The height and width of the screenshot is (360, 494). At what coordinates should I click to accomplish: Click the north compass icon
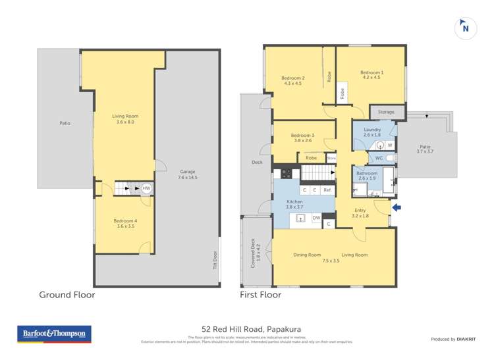(x=466, y=28)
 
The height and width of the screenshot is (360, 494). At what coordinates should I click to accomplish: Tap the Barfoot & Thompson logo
(x=55, y=334)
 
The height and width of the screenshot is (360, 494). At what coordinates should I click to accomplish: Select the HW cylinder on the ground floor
(x=146, y=188)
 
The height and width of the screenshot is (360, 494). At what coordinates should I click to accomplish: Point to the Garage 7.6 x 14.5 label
(x=187, y=174)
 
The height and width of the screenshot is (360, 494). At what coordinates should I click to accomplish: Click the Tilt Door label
(x=215, y=261)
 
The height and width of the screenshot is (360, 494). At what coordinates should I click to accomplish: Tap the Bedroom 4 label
(x=125, y=223)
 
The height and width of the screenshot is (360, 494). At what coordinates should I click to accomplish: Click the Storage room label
(x=386, y=112)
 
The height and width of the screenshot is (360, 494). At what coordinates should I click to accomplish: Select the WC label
(x=379, y=158)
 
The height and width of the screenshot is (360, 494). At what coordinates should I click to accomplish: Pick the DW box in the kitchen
(x=316, y=217)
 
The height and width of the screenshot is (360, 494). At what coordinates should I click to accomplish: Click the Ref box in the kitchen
(x=327, y=190)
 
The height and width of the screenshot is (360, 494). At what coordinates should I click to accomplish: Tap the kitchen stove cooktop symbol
(x=287, y=174)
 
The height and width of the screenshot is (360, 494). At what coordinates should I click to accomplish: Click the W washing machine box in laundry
(x=390, y=145)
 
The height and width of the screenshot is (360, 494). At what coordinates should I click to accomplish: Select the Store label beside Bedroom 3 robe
(x=331, y=158)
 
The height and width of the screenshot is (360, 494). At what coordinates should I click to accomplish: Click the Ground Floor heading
(x=67, y=295)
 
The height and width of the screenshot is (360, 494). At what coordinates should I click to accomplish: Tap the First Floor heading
(x=261, y=295)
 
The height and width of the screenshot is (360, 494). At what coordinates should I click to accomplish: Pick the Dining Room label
(x=307, y=255)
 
